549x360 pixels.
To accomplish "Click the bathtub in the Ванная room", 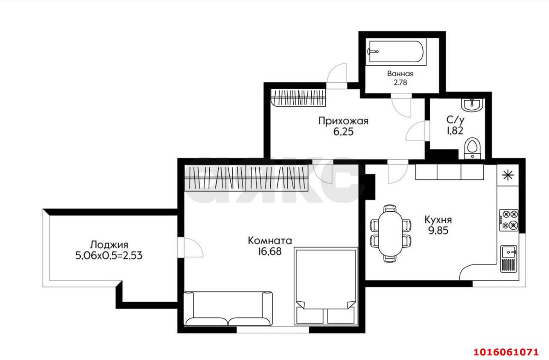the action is coord(396,51).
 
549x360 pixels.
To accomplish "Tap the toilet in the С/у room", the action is coord(473,148).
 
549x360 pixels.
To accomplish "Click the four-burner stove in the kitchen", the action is coord(509,220).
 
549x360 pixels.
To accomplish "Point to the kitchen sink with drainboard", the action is coord(509,258).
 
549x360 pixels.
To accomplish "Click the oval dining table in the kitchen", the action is coord(390,233).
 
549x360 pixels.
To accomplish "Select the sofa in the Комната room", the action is coord(228,309).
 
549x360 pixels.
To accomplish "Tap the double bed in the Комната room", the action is coord(326,286).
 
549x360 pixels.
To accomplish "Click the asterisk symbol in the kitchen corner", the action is coord(508,175).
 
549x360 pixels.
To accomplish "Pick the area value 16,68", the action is coord(270,252).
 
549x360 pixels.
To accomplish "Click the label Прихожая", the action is coord(344,121).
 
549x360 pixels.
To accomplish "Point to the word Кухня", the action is coord(438,220).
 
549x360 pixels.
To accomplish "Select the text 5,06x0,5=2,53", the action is coord(109,256).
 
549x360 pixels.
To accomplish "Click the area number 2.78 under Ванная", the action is coord(400,83).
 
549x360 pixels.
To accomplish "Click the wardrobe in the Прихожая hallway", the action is coord(298,98).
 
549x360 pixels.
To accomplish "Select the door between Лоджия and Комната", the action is coord(191,247).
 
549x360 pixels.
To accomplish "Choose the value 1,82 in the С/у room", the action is coord(455,131).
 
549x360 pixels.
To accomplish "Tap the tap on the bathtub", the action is coord(373,51).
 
